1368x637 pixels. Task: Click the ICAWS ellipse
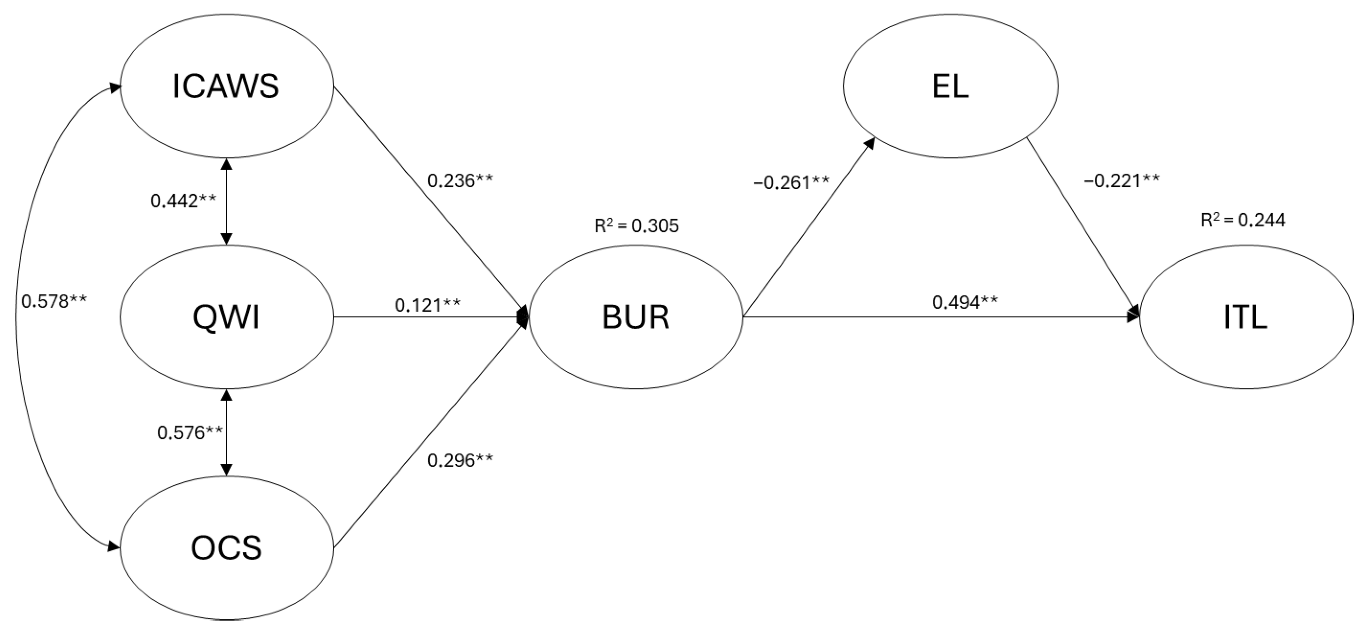tap(227, 86)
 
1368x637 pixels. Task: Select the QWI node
tap(227, 317)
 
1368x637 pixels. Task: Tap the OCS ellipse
tap(227, 548)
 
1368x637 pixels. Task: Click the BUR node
tap(636, 317)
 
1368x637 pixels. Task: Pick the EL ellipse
tap(951, 86)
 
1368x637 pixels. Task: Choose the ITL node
tap(1246, 317)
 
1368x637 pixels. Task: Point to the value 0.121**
tap(428, 305)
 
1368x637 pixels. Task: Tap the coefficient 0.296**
tap(460, 460)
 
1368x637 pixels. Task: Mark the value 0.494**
tap(965, 302)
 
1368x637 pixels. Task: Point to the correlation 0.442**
tap(183, 200)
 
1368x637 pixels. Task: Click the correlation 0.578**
tap(54, 301)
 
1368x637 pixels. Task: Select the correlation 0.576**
tap(190, 433)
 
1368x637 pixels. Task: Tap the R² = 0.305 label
tap(636, 226)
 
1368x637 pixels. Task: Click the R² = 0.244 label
tap(1243, 220)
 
